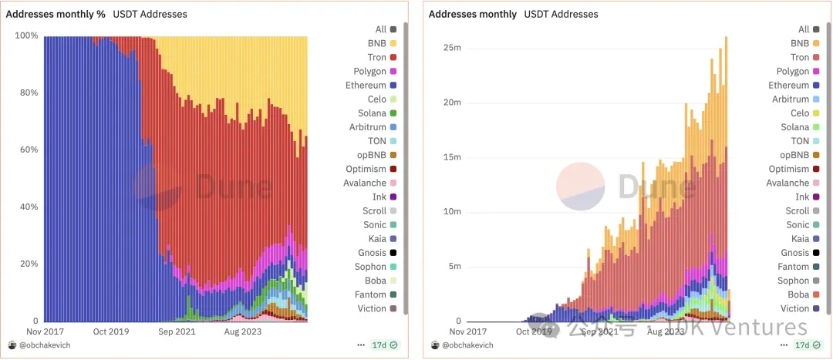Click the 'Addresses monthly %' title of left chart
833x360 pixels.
[56, 14]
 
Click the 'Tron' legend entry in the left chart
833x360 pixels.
[376, 58]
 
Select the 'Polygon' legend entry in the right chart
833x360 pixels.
[793, 72]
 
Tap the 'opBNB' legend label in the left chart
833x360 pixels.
[370, 155]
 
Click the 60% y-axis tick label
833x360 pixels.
[28, 150]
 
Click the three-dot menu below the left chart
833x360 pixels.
[361, 345]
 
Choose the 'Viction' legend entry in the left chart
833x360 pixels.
[372, 309]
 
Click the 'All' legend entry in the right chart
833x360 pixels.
[804, 29]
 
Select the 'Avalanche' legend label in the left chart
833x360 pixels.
[365, 183]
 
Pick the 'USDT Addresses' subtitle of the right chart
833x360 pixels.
[561, 14]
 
